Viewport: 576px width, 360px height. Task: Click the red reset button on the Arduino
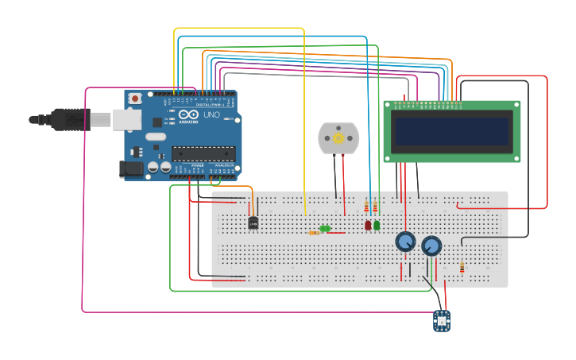pyautogui.click(x=136, y=99)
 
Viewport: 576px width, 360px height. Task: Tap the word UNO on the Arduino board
pyautogui.click(x=211, y=115)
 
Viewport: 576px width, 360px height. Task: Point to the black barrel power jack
pyautogui.click(x=129, y=168)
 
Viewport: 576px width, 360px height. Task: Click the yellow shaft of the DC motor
pyautogui.click(x=338, y=138)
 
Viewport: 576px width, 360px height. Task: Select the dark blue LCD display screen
pyautogui.click(x=452, y=131)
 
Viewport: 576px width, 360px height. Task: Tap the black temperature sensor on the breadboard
pyautogui.click(x=253, y=223)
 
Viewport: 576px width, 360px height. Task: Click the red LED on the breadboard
pyautogui.click(x=368, y=225)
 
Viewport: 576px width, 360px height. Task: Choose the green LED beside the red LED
pyautogui.click(x=377, y=225)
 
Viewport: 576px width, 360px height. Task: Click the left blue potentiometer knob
pyautogui.click(x=405, y=242)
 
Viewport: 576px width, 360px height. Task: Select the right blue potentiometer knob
pyautogui.click(x=431, y=246)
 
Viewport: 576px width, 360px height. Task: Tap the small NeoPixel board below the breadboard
pyautogui.click(x=442, y=320)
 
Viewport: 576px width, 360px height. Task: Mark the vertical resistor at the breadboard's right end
pyautogui.click(x=462, y=268)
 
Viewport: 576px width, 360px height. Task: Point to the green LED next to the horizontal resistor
pyautogui.click(x=325, y=229)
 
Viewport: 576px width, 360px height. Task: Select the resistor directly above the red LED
pyautogui.click(x=367, y=208)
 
